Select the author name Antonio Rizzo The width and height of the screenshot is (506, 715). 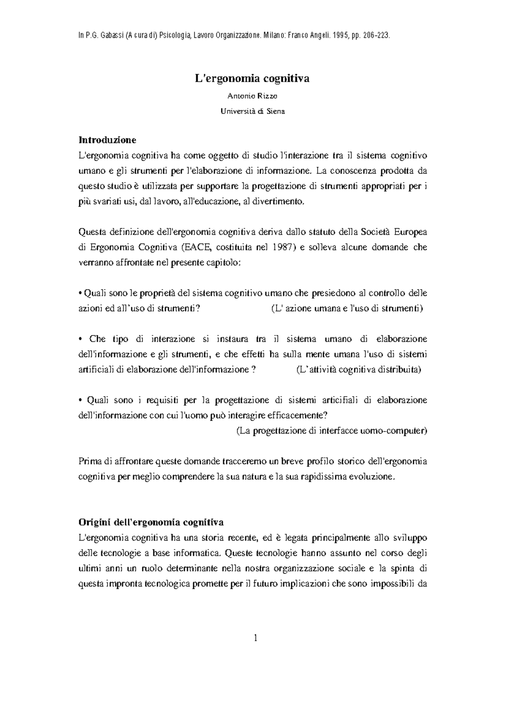(x=252, y=96)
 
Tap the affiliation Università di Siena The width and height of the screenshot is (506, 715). (x=252, y=112)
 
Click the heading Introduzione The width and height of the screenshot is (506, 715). (x=108, y=140)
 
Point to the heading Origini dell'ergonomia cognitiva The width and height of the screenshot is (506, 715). (x=151, y=523)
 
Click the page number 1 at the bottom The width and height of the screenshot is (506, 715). (x=255, y=638)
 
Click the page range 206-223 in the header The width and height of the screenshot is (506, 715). (x=377, y=36)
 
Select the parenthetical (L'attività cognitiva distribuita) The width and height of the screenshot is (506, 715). (x=358, y=370)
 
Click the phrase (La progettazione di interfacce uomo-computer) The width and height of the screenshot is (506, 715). (x=331, y=431)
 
